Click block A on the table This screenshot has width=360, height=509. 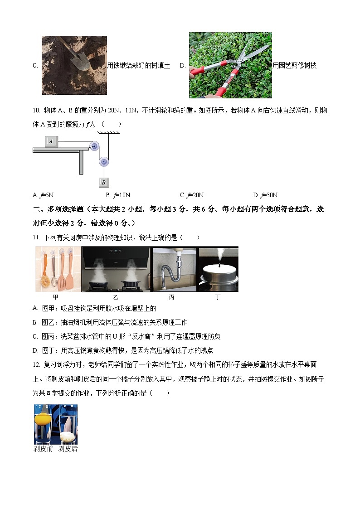tap(51, 141)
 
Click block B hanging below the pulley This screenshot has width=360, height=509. tap(104, 182)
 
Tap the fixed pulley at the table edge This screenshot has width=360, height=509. tap(94, 146)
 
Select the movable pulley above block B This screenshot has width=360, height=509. tap(104, 161)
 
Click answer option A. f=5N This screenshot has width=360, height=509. tap(43, 195)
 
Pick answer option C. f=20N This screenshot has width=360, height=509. tap(192, 195)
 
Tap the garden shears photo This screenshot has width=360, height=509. tap(230, 65)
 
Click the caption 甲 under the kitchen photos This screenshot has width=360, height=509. tap(56, 297)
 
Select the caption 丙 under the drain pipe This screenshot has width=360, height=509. tap(171, 297)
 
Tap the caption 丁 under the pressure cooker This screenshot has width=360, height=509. tap(218, 297)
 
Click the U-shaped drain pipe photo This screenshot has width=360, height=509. tap(174, 270)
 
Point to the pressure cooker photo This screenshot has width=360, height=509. tap(219, 270)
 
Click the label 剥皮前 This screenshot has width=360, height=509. tap(44, 449)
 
